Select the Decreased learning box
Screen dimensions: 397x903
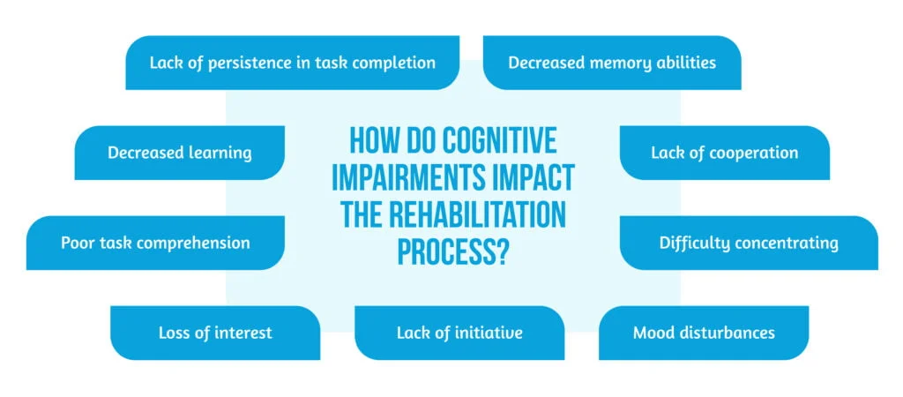(180, 153)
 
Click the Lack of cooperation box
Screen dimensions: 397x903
(724, 153)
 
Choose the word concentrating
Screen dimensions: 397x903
(787, 243)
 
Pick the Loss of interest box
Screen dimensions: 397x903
(215, 333)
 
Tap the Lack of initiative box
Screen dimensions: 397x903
(459, 333)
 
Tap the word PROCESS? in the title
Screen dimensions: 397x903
(452, 250)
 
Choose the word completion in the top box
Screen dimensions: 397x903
(395, 63)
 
